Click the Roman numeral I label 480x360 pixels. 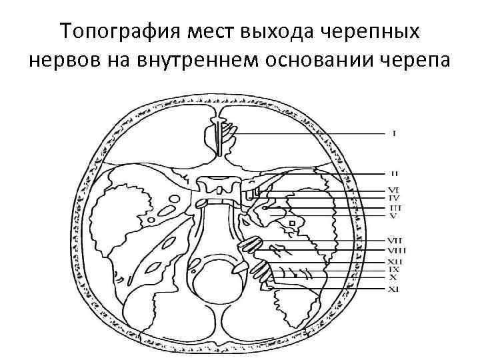click(x=394, y=134)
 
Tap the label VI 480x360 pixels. click(x=394, y=190)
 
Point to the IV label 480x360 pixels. click(x=394, y=198)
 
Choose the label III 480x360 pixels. click(x=394, y=207)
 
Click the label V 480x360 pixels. click(x=394, y=216)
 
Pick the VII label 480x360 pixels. click(x=395, y=240)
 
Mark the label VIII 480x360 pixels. click(x=396, y=250)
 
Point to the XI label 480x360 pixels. click(x=394, y=288)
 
